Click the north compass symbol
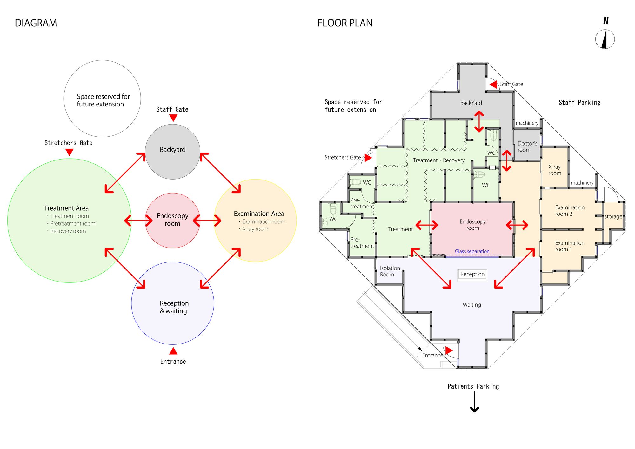pos(605,39)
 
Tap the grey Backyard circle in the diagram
pos(172,152)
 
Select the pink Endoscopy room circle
pos(172,220)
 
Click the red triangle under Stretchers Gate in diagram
pos(69,152)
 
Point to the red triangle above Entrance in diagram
pos(173,351)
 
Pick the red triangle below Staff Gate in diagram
pos(173,118)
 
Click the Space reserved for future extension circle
pos(102,99)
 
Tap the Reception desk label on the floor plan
pos(472,274)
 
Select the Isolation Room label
pos(390,271)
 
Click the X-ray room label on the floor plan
pos(554,170)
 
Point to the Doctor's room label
pos(527,146)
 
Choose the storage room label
pos(613,217)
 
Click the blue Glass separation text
pos(472,251)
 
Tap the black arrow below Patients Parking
pos(474,402)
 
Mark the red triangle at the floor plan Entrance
pos(448,350)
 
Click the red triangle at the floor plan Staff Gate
pos(494,84)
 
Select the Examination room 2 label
pos(569,211)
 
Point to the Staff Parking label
pos(579,103)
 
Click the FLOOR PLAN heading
pos(345,23)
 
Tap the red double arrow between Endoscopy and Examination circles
pos(207,220)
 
